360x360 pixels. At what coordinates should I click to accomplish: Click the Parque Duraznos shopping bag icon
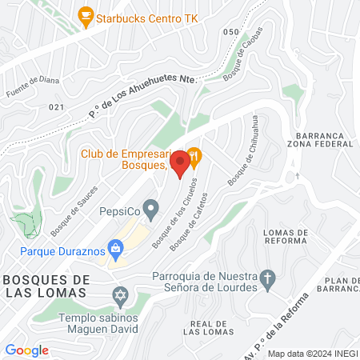pos(117,248)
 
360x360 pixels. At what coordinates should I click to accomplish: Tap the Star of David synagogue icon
pos(120,297)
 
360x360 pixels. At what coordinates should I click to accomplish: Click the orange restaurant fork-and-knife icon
pos(194,154)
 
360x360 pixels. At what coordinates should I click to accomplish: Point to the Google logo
pos(26,350)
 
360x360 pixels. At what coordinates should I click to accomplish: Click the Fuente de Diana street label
pos(28,87)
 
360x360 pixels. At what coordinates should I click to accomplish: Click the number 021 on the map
pos(56,106)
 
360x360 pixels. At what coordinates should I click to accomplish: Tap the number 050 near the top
pos(231,32)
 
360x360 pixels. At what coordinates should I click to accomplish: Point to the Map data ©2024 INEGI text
pos(311,354)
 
